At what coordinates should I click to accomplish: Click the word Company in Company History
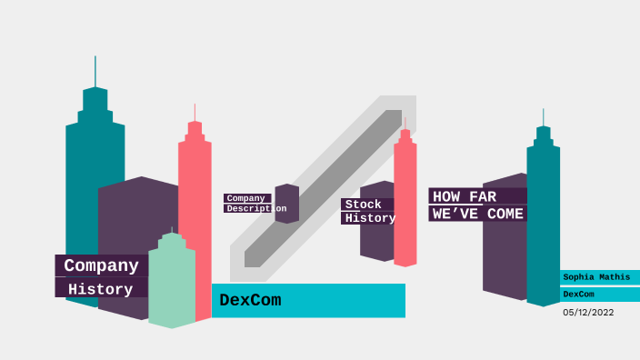[101, 265]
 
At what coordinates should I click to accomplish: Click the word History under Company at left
[100, 289]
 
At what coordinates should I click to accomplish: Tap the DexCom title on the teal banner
[250, 300]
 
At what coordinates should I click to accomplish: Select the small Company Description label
[247, 203]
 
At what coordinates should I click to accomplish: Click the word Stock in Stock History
[364, 205]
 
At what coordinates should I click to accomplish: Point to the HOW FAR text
[465, 196]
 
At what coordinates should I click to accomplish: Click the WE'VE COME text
[477, 214]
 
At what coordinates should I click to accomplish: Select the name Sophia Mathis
[595, 276]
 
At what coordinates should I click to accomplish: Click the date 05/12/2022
[588, 312]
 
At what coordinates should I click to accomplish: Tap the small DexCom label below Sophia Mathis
[578, 295]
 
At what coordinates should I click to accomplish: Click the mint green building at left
[172, 282]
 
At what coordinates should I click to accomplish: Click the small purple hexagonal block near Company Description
[287, 204]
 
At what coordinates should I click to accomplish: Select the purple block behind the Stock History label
[374, 241]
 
